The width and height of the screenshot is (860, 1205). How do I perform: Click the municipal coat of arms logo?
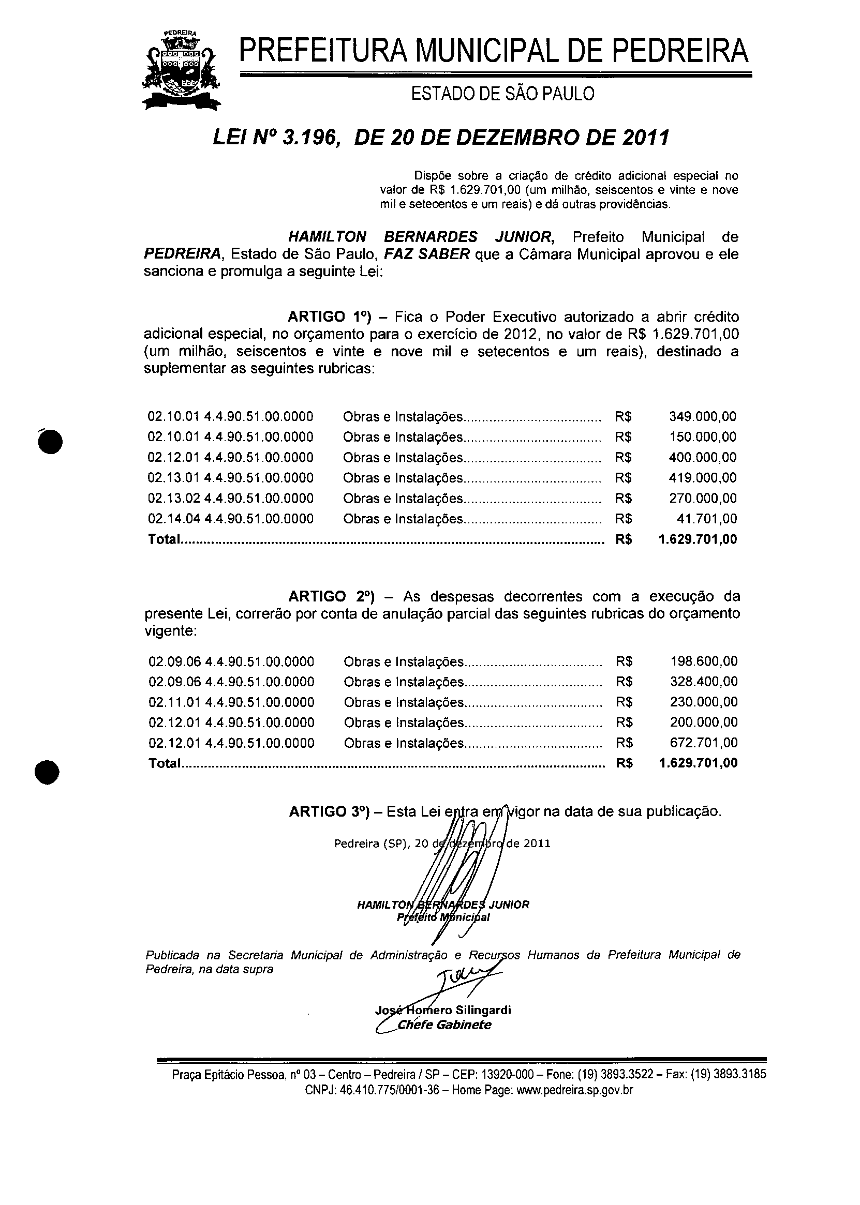pos(181,69)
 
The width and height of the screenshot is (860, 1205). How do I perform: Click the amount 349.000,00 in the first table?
pos(702,417)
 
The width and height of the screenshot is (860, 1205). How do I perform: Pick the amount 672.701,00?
pos(703,743)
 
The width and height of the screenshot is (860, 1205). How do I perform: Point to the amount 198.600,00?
pos(703,661)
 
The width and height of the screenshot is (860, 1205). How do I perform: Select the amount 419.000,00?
pos(702,478)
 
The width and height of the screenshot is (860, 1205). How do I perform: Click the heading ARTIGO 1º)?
pos(330,317)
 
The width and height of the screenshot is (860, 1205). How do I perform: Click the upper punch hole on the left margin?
pos(50,440)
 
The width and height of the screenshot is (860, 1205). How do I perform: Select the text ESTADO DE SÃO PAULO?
pos(502,94)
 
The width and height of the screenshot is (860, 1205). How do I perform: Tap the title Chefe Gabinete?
pos(444,1025)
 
